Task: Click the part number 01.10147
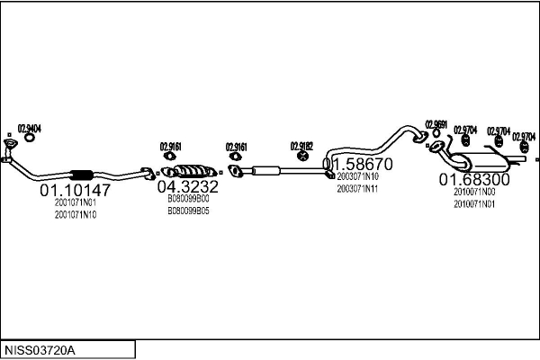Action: (x=75, y=190)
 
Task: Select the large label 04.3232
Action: (x=187, y=186)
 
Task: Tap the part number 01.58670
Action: (x=358, y=166)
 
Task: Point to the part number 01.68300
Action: (x=474, y=180)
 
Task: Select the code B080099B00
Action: (x=188, y=200)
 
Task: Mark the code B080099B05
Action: (x=188, y=211)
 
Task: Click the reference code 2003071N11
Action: (x=357, y=189)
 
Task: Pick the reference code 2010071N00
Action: (x=474, y=193)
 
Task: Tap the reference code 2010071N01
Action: (x=474, y=204)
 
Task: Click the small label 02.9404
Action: (x=30, y=129)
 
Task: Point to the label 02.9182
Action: (x=301, y=145)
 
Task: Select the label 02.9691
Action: (x=436, y=125)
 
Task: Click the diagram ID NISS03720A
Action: (x=41, y=349)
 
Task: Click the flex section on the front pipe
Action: (x=82, y=175)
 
